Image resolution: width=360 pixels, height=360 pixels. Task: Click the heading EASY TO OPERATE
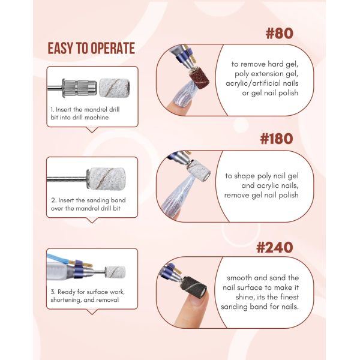91,48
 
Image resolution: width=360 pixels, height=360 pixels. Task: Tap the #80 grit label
279,33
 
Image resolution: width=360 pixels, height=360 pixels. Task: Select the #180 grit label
277,139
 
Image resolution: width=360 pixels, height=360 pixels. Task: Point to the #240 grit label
275,247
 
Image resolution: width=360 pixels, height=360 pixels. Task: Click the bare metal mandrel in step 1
71,88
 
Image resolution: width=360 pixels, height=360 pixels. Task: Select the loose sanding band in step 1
115,88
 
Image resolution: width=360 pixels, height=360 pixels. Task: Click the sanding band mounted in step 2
106,178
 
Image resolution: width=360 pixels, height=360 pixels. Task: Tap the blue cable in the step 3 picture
58,259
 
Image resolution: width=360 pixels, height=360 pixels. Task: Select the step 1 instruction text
85,113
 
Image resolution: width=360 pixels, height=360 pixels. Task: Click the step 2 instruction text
88,205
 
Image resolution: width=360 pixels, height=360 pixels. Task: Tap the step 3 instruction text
88,296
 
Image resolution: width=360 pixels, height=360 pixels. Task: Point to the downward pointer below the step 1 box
92,130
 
